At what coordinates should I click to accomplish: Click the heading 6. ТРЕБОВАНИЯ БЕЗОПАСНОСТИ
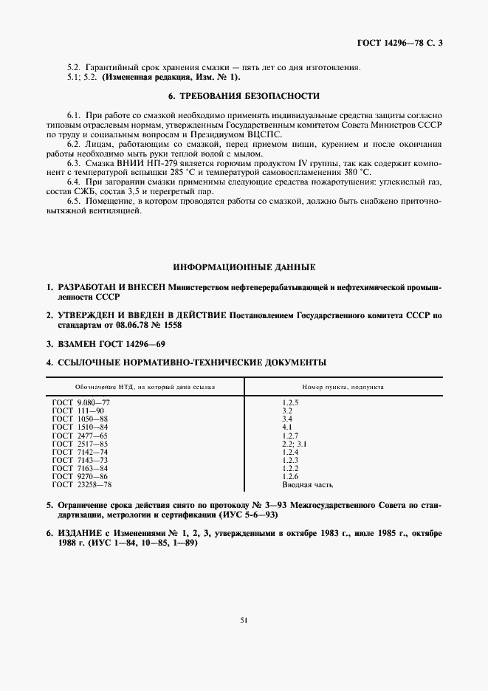pyautogui.click(x=244, y=96)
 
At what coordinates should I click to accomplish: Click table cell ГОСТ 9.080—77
pyautogui.click(x=80, y=402)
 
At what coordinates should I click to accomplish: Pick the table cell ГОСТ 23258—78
pyautogui.click(x=81, y=485)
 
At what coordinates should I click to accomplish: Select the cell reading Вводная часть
pyautogui.click(x=308, y=485)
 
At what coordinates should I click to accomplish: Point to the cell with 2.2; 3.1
pyautogui.click(x=295, y=444)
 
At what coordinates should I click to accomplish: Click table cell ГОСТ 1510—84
pyautogui.click(x=80, y=427)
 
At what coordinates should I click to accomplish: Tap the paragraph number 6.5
pyautogui.click(x=73, y=202)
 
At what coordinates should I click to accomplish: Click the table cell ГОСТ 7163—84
pyautogui.click(x=80, y=469)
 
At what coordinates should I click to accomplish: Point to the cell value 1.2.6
pyautogui.click(x=290, y=477)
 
